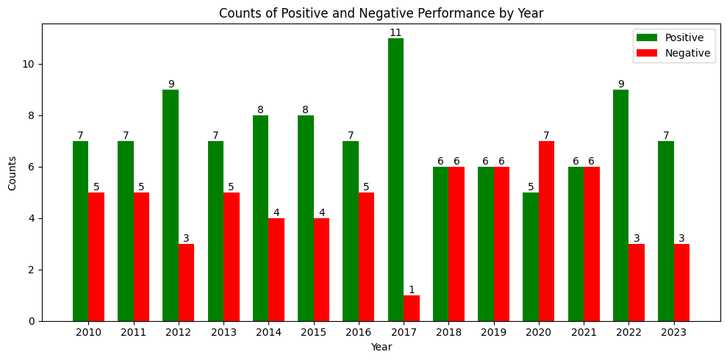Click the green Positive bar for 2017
click(395, 179)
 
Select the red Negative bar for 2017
click(412, 308)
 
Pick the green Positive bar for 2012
click(171, 205)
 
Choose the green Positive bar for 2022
click(621, 205)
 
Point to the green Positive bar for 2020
click(531, 256)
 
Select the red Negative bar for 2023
click(681, 282)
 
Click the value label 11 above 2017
click(395, 33)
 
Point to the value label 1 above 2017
click(412, 289)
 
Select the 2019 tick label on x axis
click(493, 333)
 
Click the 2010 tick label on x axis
click(88, 333)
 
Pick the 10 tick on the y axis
click(28, 64)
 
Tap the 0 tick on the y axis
click(31, 321)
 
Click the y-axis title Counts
click(12, 173)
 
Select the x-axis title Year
click(381, 347)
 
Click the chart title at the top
click(381, 13)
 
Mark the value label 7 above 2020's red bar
click(546, 135)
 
